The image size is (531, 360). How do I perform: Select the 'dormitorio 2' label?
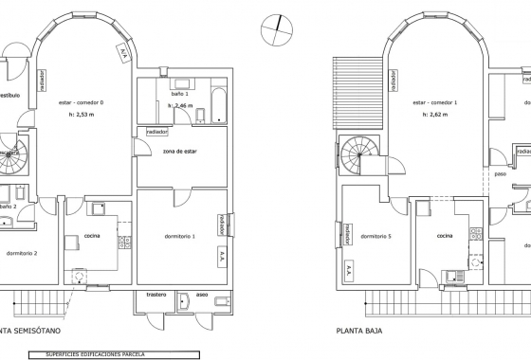21,254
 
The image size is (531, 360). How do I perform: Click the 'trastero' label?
156,296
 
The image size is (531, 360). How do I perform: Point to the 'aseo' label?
204,296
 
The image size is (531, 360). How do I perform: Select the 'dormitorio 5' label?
376,236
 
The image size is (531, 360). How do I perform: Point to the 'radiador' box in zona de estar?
156,132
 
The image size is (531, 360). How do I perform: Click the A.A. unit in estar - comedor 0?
124,53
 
